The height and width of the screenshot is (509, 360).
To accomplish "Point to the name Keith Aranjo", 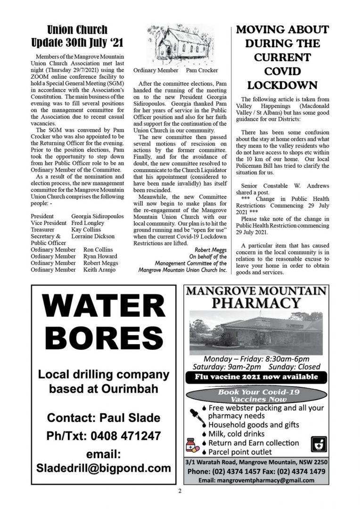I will tap(99, 270).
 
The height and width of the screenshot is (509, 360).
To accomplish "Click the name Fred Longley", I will tap(88, 222).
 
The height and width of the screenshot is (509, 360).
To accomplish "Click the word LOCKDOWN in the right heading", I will tap(282, 85).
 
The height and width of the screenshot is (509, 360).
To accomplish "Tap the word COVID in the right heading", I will tap(282, 71).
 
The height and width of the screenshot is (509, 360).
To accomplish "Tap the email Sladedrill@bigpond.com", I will tap(104, 468).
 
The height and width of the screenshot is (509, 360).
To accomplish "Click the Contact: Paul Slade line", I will tap(104, 418).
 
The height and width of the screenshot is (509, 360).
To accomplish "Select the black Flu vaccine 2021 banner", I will tap(256, 377).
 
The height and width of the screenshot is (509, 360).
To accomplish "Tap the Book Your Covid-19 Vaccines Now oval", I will tap(256, 395).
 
